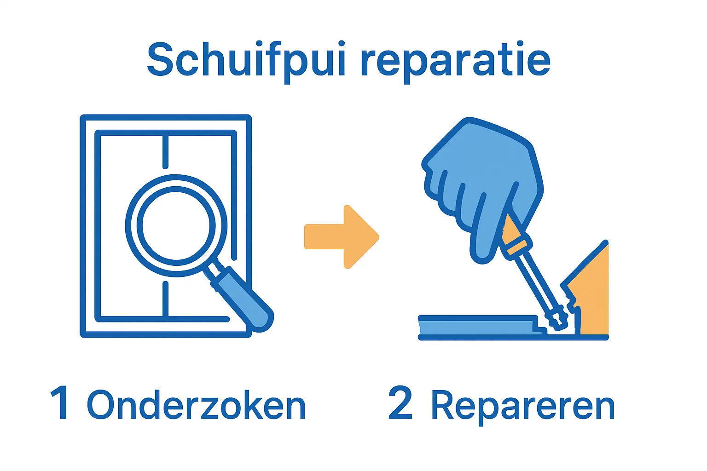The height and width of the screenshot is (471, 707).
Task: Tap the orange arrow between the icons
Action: [x=342, y=237]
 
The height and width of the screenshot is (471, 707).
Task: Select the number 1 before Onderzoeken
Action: [x=60, y=402]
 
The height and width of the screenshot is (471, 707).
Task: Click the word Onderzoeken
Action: [x=196, y=404]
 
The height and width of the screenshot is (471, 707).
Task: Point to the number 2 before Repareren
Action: [x=400, y=402]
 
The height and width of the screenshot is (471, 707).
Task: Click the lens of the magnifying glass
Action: [x=176, y=225]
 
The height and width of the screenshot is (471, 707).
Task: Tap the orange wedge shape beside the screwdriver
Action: [x=590, y=293]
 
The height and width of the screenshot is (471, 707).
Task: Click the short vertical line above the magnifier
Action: [x=165, y=151]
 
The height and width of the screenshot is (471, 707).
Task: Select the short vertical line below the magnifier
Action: [x=165, y=300]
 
